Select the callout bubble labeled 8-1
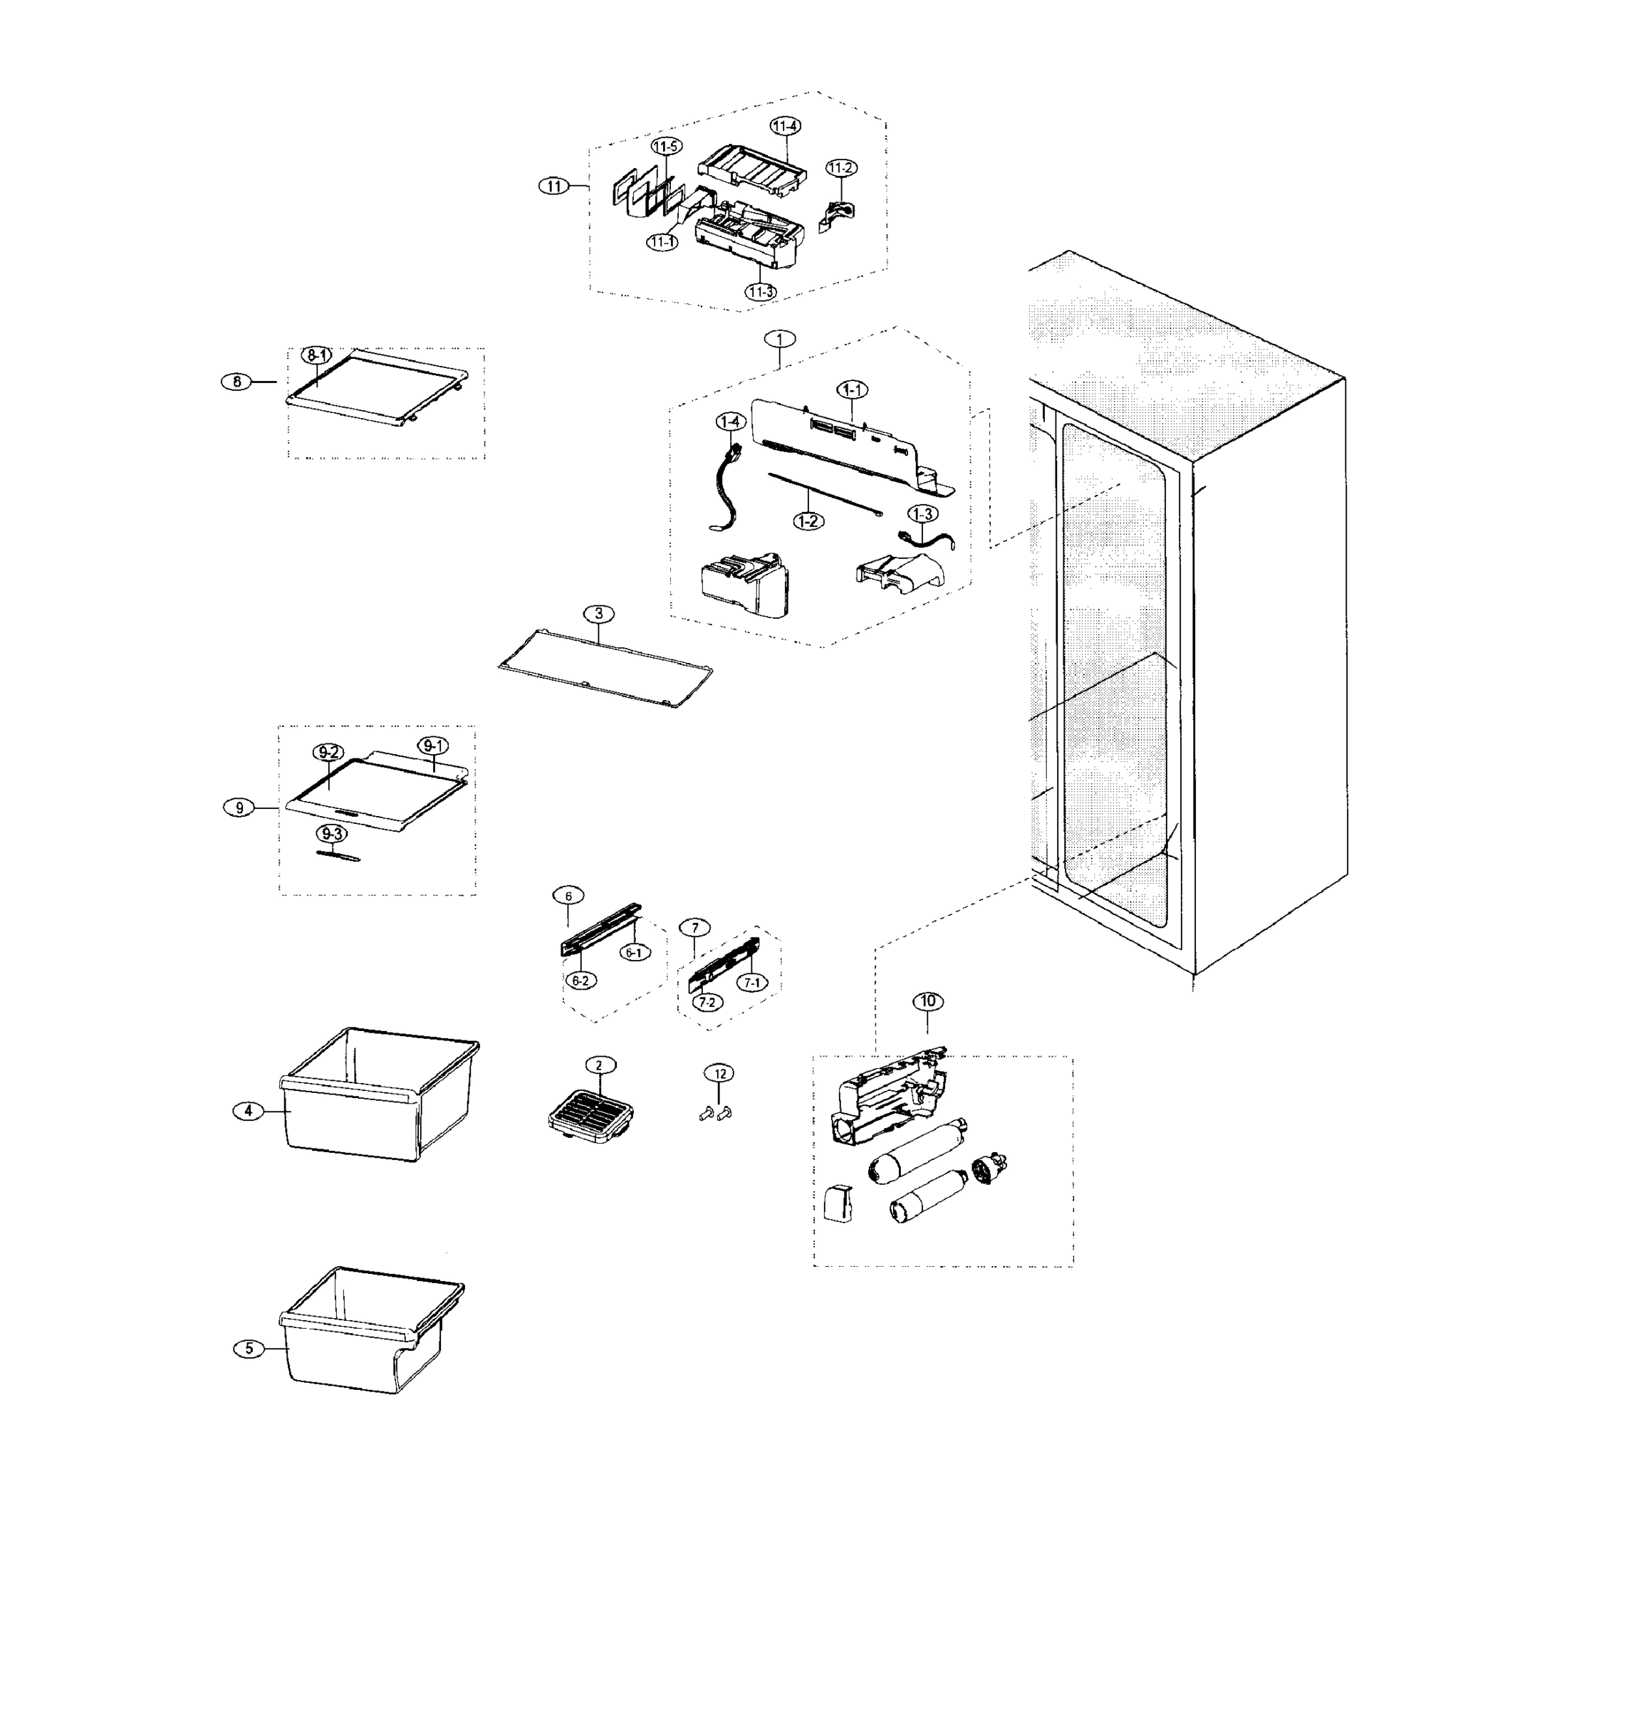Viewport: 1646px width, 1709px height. (317, 355)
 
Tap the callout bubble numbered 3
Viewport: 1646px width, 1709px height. (598, 614)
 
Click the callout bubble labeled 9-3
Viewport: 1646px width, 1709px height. (330, 834)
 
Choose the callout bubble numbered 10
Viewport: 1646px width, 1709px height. (927, 1001)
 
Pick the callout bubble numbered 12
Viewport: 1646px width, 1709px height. (719, 1073)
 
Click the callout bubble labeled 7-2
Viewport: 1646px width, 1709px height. (707, 1002)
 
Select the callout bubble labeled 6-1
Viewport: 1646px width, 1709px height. (634, 953)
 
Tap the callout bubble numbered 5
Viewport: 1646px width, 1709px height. (249, 1348)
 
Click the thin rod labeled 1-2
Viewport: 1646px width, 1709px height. (824, 494)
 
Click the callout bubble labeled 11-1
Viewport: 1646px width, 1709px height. (663, 241)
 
